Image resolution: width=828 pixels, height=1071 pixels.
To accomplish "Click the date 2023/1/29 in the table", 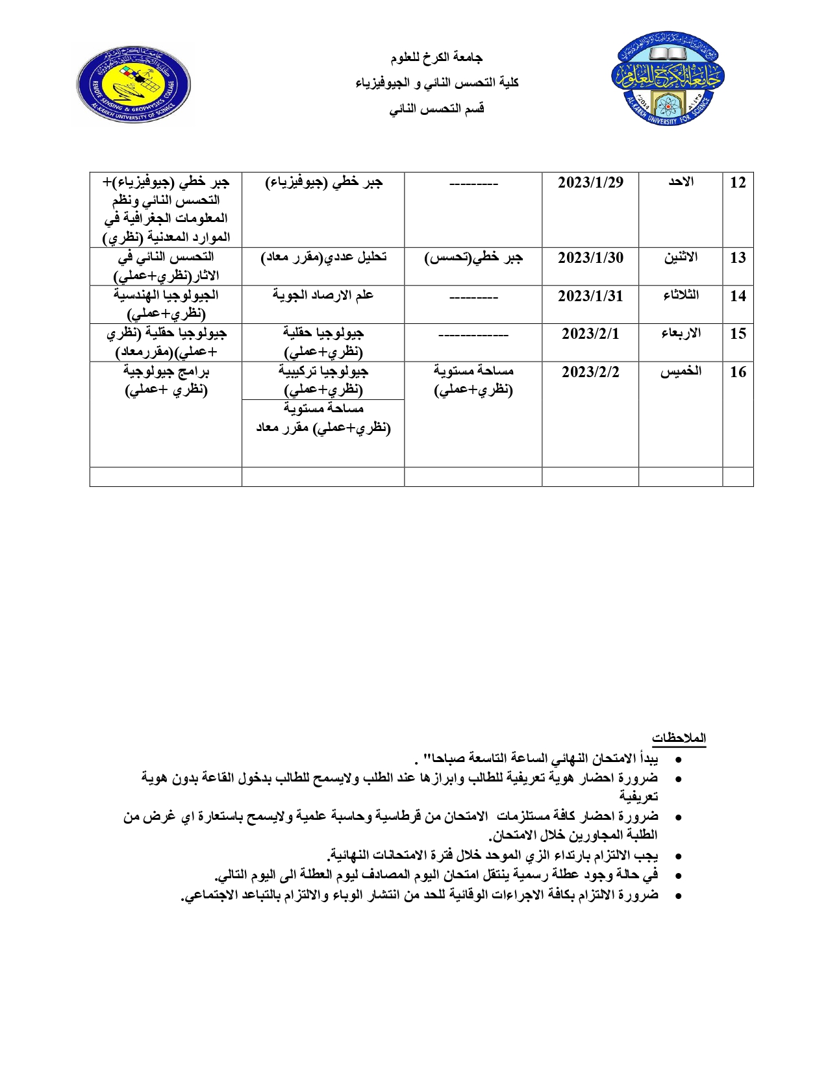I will (590, 182).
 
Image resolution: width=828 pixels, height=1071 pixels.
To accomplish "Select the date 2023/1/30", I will (590, 258).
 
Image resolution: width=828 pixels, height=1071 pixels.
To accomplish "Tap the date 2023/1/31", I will (590, 296).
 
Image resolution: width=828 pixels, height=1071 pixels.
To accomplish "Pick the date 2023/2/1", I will (590, 334).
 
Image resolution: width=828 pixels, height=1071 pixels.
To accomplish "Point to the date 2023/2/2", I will (590, 372).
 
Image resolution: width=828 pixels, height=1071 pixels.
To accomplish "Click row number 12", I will (738, 182).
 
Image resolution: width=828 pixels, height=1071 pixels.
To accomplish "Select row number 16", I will (738, 372).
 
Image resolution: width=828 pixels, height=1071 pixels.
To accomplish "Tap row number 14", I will (738, 296).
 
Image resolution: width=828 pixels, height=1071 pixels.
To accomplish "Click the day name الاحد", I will (681, 182).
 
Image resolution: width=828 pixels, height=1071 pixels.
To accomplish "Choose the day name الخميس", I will (681, 371).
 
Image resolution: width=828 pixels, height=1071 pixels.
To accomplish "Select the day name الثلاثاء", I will (681, 295).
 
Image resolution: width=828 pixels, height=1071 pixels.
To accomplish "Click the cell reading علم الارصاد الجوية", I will (323, 295).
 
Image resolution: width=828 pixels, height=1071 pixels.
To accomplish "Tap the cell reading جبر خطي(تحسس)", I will (473, 258).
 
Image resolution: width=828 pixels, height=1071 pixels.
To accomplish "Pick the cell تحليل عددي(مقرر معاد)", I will (323, 258).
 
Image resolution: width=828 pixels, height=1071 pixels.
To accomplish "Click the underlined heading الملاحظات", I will (679, 738).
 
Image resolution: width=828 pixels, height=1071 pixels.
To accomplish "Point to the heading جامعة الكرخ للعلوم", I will (436, 58).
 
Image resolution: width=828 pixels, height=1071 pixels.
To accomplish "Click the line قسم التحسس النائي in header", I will (436, 108).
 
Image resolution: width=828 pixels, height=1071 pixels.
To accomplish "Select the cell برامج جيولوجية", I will (166, 380).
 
